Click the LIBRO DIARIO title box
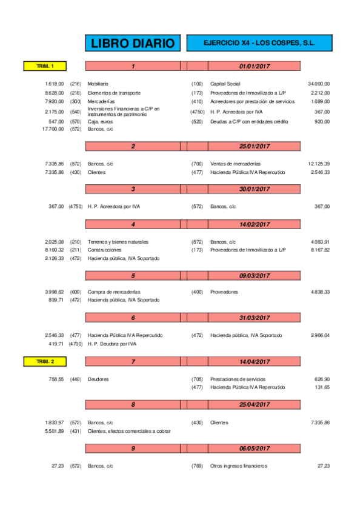[x=133, y=44]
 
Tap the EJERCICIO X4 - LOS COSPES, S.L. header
[x=259, y=44]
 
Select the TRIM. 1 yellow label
[x=45, y=66]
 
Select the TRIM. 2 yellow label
[x=45, y=361]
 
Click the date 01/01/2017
[x=255, y=66]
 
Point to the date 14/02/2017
[x=255, y=224]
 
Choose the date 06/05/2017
[x=255, y=449]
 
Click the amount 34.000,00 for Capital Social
[x=319, y=83]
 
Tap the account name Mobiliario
[x=98, y=83]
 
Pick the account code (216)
[x=76, y=83]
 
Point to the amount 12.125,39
[x=319, y=164]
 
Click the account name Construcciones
[x=104, y=250]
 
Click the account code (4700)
[x=76, y=344]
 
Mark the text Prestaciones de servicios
[x=237, y=379]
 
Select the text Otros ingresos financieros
[x=238, y=466]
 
